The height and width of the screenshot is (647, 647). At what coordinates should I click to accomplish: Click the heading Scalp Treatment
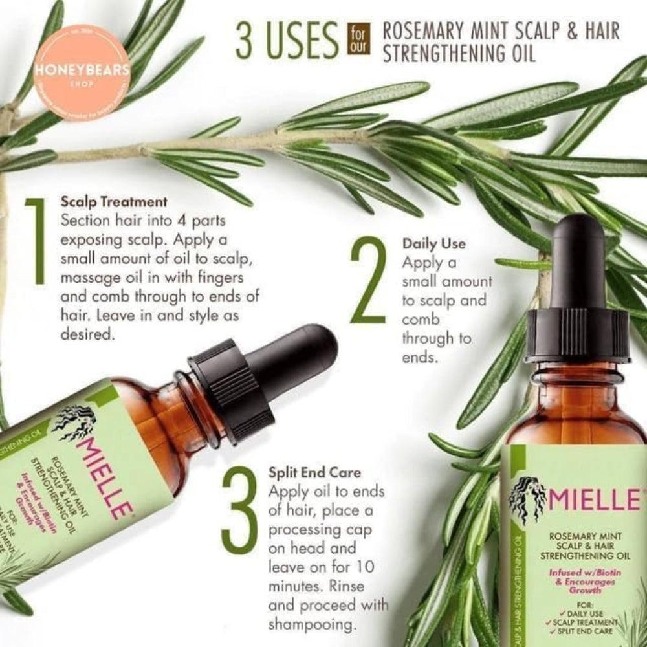click(x=114, y=201)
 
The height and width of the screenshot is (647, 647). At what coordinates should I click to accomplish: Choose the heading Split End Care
click(x=315, y=472)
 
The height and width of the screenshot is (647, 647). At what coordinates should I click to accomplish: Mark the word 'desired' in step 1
click(x=85, y=336)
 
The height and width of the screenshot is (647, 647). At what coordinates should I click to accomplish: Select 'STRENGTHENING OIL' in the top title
click(x=459, y=53)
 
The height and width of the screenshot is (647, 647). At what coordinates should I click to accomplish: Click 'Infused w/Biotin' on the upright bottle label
click(x=581, y=572)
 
